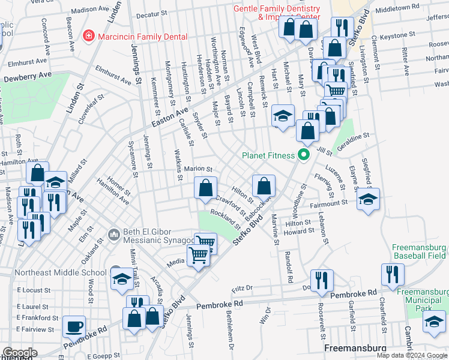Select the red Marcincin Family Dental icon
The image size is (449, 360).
coord(89,36)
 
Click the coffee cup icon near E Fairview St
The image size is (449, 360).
coord(74,326)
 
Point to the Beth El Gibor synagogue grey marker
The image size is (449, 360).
coord(114,233)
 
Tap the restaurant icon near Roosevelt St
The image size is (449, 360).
coord(321,280)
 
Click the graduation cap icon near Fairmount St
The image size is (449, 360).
coord(367,199)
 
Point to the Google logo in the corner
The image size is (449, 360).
coord(20,353)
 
